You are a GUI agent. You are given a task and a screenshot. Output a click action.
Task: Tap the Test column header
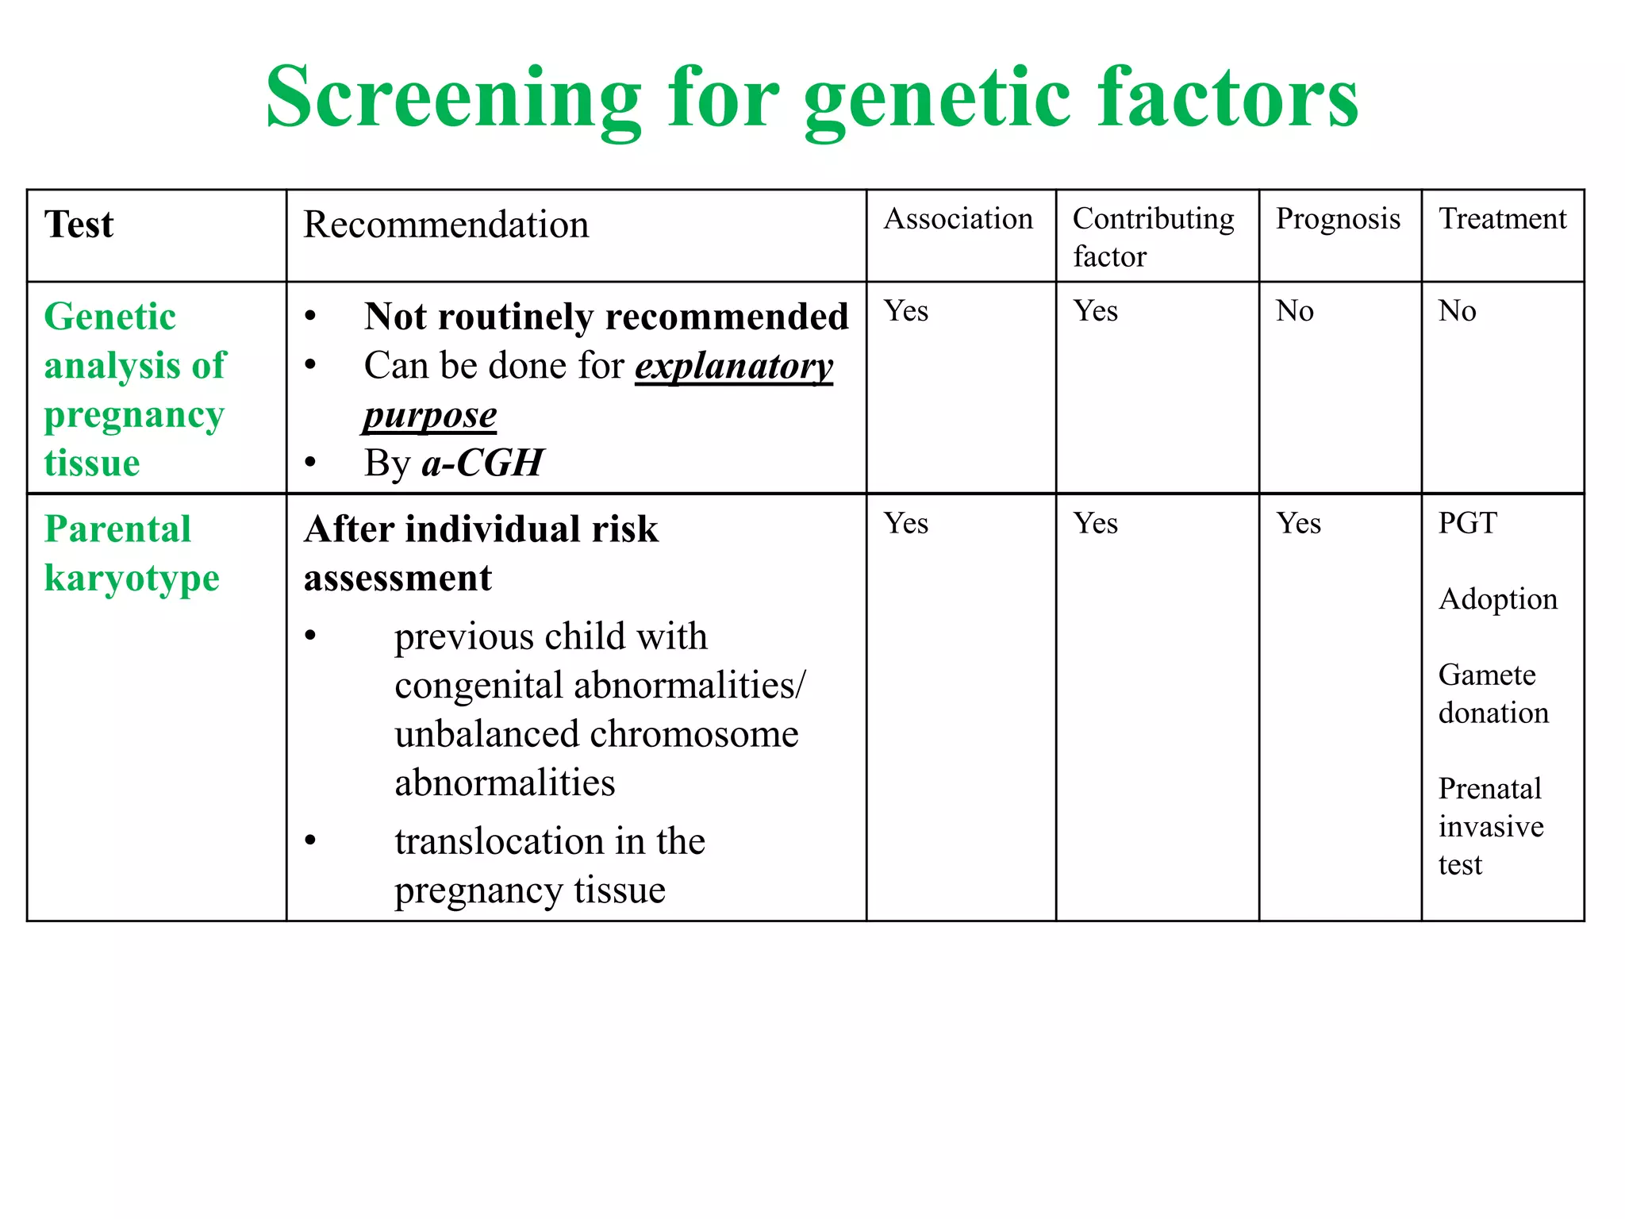point(79,225)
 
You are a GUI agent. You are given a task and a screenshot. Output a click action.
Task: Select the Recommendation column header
point(446,225)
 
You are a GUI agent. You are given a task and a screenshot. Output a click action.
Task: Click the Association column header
point(958,219)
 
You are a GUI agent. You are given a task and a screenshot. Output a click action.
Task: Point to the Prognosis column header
point(1338,219)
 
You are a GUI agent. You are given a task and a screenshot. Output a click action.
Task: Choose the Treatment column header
point(1502,219)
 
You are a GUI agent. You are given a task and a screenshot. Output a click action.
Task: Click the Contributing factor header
point(1153,237)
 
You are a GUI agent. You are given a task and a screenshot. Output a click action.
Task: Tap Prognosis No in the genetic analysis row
point(1294,311)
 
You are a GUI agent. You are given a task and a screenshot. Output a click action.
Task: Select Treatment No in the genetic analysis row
point(1457,311)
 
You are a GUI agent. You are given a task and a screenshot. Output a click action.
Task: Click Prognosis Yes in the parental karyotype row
point(1298,524)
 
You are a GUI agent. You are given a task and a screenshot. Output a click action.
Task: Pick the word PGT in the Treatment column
point(1467,524)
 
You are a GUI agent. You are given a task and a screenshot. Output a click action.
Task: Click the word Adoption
point(1497,599)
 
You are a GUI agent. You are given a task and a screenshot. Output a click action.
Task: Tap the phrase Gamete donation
point(1492,694)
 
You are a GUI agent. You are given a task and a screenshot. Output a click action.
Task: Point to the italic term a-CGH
point(482,463)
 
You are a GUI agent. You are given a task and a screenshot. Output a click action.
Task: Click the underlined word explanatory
point(734,367)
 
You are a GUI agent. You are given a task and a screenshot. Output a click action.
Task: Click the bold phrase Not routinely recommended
point(606,317)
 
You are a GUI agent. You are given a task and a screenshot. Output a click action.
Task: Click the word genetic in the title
point(936,100)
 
